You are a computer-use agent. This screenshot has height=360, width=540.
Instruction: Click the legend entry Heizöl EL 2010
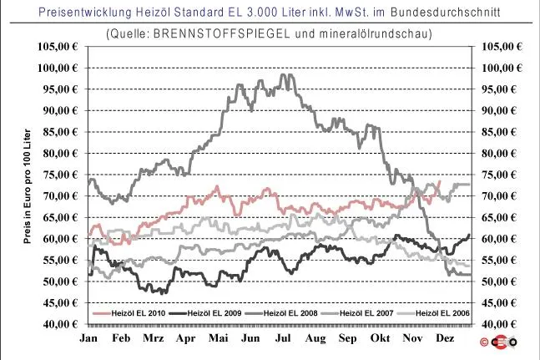pyautogui.click(x=129, y=313)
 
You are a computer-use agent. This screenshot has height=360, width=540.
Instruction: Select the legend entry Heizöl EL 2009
pyautogui.click(x=206, y=313)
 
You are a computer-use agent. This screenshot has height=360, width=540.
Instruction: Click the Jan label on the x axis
pyautogui.click(x=88, y=338)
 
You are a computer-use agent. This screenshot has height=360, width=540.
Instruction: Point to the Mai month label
pyautogui.click(x=219, y=338)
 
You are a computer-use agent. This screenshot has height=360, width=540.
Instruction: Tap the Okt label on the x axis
pyautogui.click(x=381, y=338)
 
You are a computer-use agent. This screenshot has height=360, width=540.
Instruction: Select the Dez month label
pyautogui.click(x=445, y=338)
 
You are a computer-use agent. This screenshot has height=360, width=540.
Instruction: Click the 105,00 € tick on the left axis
pyautogui.click(x=58, y=47)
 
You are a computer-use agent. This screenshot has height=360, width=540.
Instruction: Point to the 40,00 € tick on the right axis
pyautogui.click(x=499, y=324)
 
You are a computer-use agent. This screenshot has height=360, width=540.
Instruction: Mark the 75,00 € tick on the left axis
pyautogui.click(x=61, y=175)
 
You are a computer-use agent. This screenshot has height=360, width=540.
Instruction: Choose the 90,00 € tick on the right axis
pyautogui.click(x=499, y=110)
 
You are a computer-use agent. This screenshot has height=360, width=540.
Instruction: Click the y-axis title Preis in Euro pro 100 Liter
pyautogui.click(x=28, y=186)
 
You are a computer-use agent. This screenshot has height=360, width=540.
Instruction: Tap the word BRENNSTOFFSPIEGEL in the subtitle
pyautogui.click(x=221, y=33)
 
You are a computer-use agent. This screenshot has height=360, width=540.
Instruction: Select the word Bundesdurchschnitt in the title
pyautogui.click(x=446, y=13)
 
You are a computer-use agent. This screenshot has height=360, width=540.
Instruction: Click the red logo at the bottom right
pyautogui.click(x=498, y=342)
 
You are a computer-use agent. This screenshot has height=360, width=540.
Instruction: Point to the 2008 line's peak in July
pyautogui.click(x=283, y=74)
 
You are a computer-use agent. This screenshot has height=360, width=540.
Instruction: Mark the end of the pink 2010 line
pyautogui.click(x=440, y=181)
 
